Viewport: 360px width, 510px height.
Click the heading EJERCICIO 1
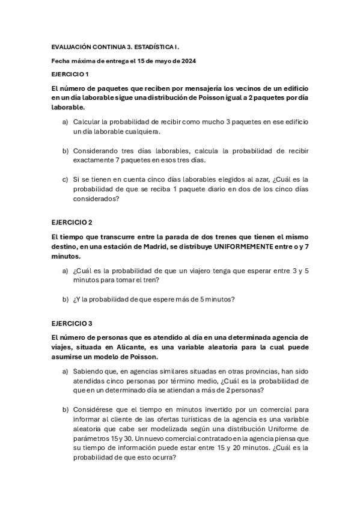(x=70, y=74)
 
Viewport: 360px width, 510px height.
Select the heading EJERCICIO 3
(x=71, y=323)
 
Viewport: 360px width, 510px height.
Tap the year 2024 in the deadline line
(x=188, y=60)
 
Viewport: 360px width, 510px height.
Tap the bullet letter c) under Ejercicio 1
(x=66, y=179)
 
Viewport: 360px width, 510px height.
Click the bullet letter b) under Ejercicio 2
(x=66, y=299)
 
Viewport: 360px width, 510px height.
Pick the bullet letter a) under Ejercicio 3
(x=66, y=372)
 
